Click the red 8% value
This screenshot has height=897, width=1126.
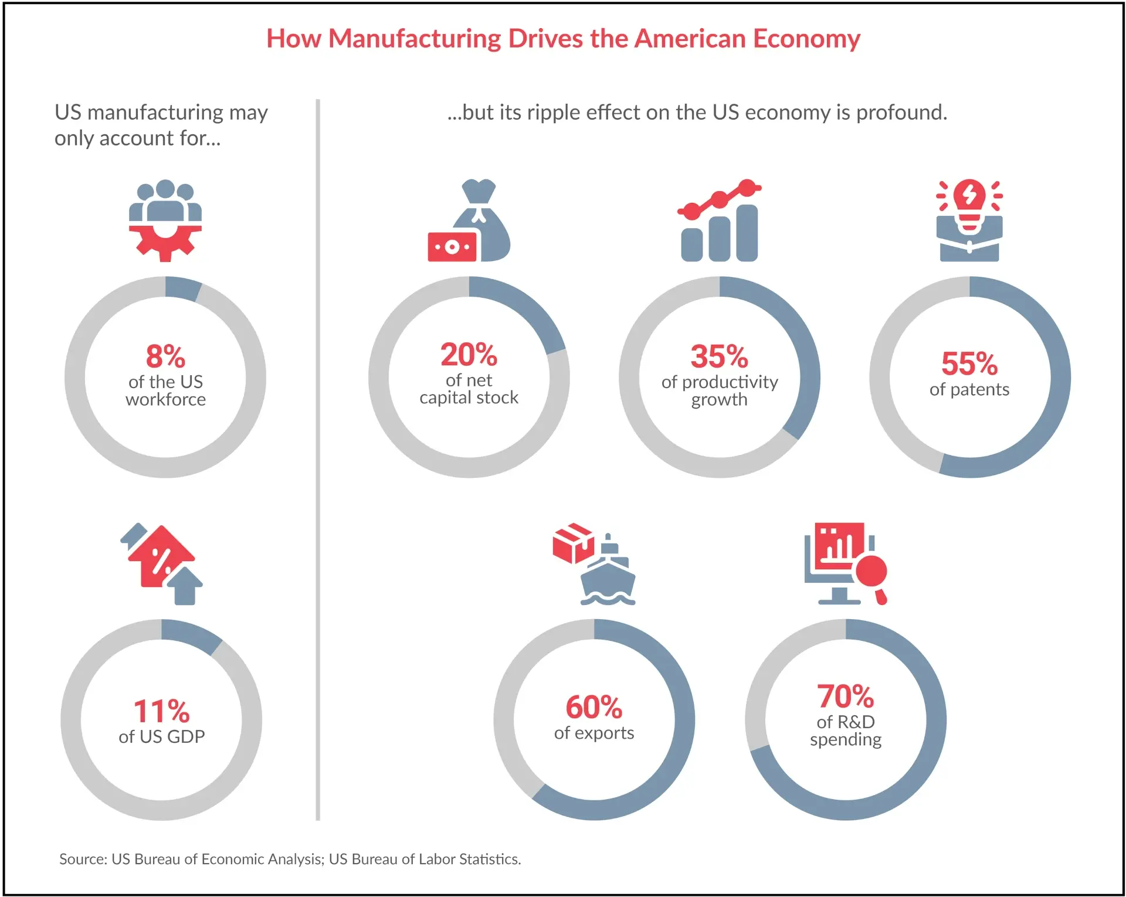pos(165,356)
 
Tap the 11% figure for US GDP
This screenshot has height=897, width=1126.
pos(161,711)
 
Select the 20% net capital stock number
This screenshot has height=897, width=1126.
pos(469,354)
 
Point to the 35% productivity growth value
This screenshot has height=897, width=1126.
pos(719,356)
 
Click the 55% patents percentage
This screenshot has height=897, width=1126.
pos(969,363)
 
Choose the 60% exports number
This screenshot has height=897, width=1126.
pos(593,707)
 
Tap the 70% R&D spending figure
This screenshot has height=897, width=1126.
pos(845,696)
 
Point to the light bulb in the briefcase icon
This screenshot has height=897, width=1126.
pos(969,202)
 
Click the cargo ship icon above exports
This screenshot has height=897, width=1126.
pos(608,575)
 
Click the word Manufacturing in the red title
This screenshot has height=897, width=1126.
pos(414,39)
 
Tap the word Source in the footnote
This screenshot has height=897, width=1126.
pos(82,859)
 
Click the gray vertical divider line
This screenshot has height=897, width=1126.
pos(318,457)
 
